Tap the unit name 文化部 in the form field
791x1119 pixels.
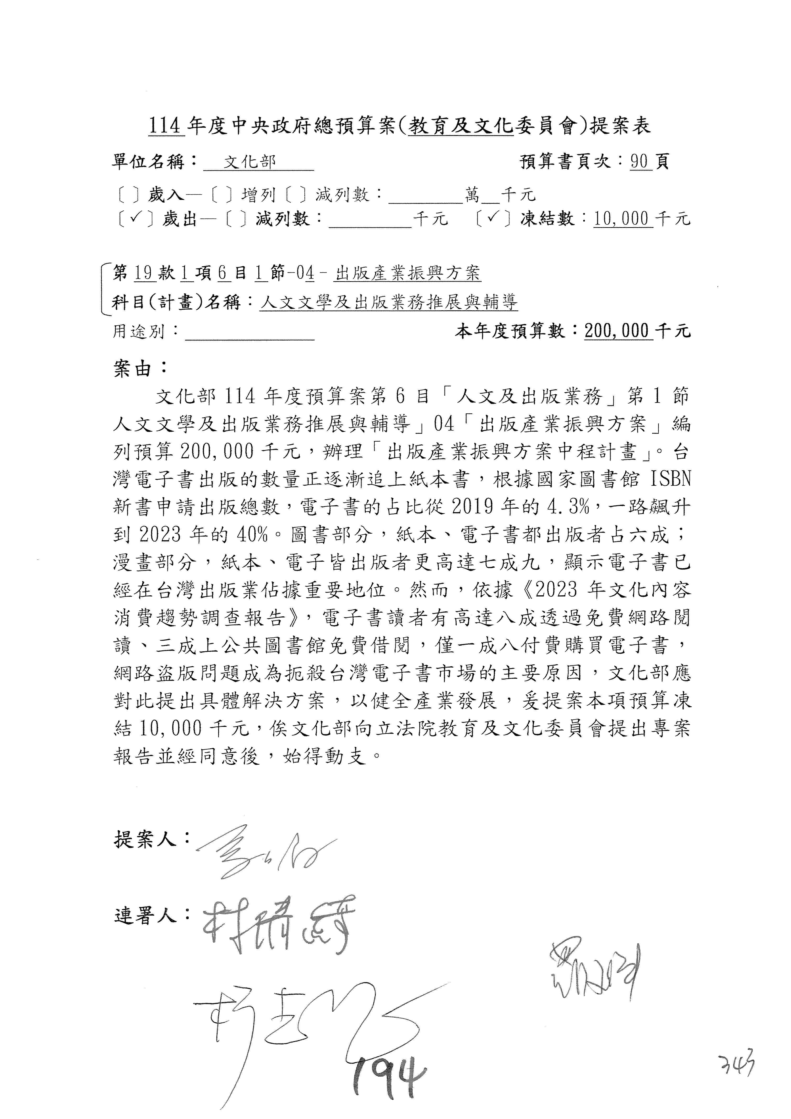250,162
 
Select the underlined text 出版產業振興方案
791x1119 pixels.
408,274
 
